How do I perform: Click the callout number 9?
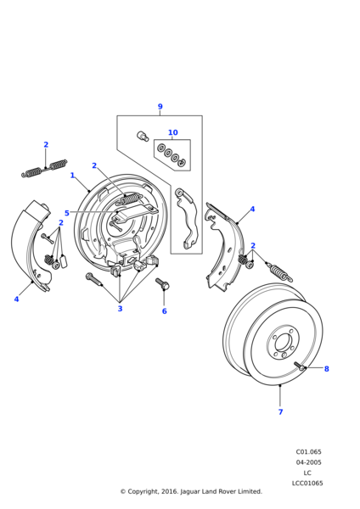point(160,107)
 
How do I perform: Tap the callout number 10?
point(173,132)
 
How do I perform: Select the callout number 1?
point(72,176)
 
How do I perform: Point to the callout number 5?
point(67,213)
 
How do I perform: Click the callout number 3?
point(120,309)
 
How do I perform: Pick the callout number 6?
point(165,311)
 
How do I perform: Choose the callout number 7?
point(281,411)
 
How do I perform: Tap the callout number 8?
point(327,369)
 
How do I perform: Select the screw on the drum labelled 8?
point(301,366)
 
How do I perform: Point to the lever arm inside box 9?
point(186,218)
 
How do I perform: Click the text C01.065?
point(308,452)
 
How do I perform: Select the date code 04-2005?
point(308,462)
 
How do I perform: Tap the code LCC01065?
point(307,483)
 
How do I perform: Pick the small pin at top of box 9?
point(143,136)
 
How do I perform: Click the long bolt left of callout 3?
point(94,279)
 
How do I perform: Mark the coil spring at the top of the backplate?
point(129,199)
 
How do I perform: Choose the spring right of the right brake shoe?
point(279,272)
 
